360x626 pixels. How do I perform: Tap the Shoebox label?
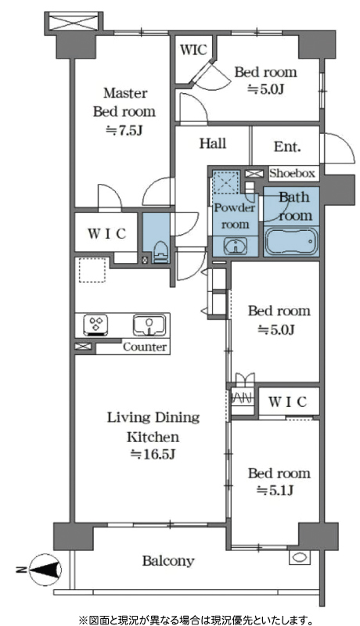(292, 173)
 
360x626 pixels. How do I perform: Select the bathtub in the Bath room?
(290, 241)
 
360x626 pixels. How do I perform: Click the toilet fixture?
(161, 251)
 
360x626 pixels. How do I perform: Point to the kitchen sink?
(149, 325)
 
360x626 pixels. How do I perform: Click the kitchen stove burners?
(95, 324)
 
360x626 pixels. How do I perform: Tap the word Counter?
(145, 347)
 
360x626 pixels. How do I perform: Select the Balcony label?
(168, 561)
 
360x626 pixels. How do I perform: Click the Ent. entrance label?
(286, 146)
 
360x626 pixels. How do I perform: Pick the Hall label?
(213, 143)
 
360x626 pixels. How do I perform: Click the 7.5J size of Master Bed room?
(124, 130)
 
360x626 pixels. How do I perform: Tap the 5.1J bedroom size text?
(276, 490)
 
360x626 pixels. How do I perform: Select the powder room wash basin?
(235, 245)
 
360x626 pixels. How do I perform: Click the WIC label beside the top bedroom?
(193, 50)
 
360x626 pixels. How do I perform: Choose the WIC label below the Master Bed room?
(107, 233)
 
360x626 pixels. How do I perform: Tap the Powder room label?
(235, 216)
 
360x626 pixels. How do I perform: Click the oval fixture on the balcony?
(298, 557)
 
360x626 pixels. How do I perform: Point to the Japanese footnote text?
(196, 619)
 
